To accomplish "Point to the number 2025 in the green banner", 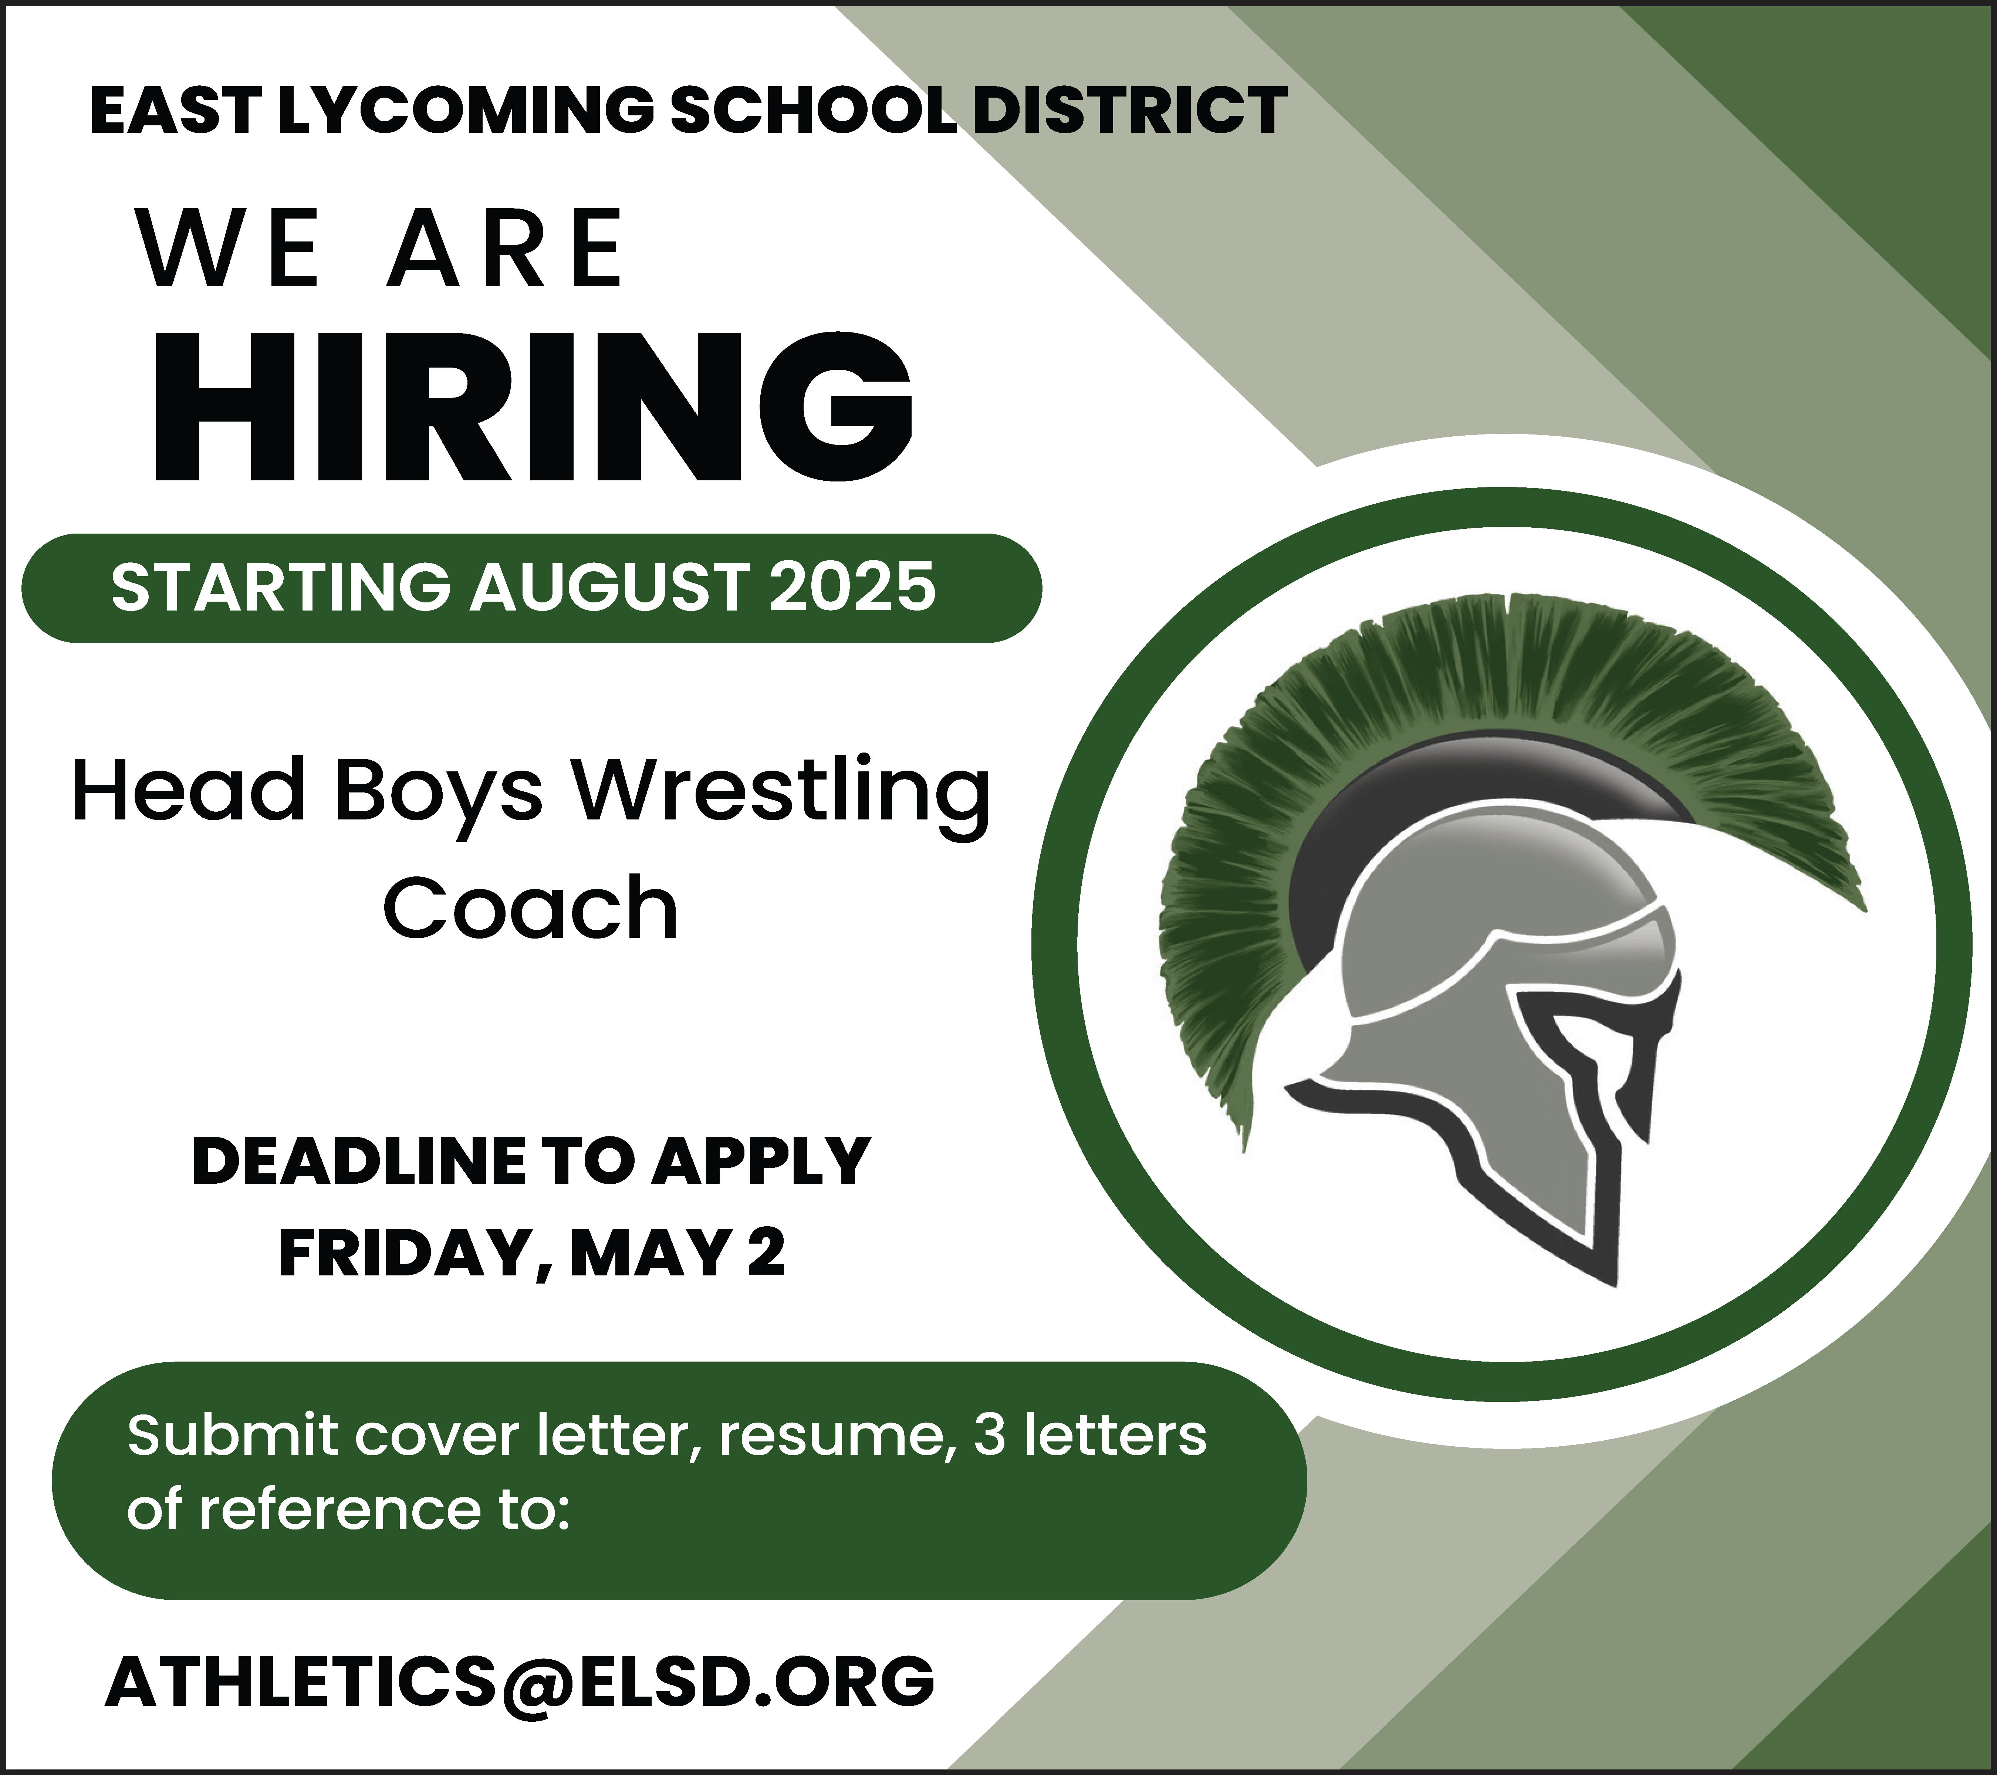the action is pyautogui.click(x=852, y=587).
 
